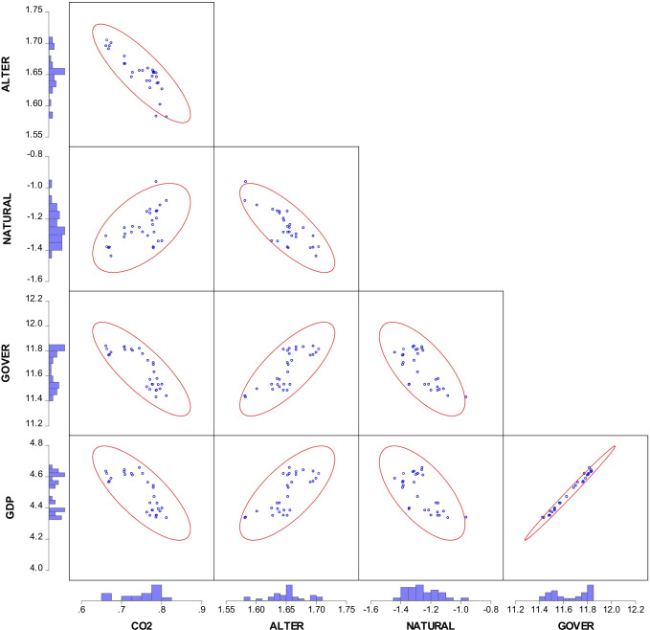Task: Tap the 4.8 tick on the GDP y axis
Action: (35, 443)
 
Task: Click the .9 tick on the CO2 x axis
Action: (202, 607)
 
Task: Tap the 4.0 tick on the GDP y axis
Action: (35, 569)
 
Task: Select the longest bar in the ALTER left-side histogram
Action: (56, 71)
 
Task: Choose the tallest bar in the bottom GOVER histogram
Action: (591, 589)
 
